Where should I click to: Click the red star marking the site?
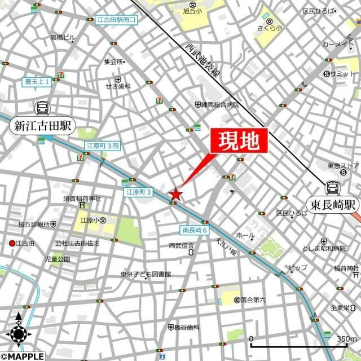(176, 194)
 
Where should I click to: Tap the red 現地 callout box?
(237, 141)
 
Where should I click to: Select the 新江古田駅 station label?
(42, 126)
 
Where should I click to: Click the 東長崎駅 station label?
(333, 204)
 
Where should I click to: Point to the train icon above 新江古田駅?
(42, 108)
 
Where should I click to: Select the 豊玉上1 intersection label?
(37, 81)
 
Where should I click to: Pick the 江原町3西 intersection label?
(102, 146)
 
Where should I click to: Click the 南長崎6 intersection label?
(195, 230)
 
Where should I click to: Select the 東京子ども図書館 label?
(145, 275)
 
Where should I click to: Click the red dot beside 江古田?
(11, 243)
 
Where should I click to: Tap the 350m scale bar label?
(346, 338)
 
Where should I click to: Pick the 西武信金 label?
(181, 246)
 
